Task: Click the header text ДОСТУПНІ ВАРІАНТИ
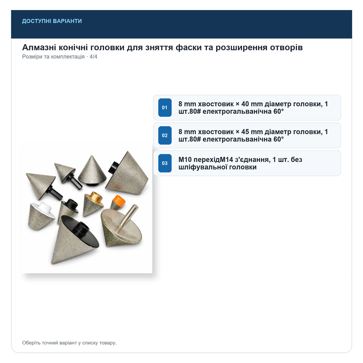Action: [x=52, y=21]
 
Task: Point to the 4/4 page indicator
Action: [x=93, y=57]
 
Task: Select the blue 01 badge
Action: [x=165, y=107]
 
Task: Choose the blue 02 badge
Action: [x=165, y=135]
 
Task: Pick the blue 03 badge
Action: [x=165, y=163]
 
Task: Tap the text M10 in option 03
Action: [x=185, y=159]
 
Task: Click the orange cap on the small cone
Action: [x=119, y=201]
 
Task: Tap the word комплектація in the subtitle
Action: [x=68, y=57]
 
